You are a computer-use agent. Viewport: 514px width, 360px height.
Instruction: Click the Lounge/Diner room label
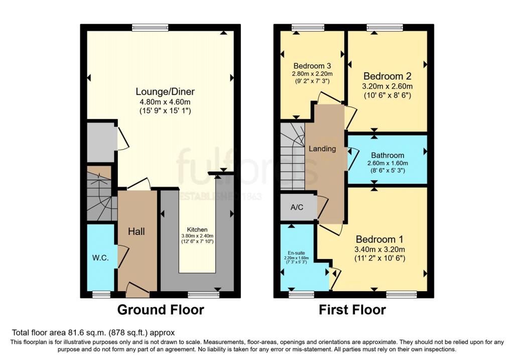tap(165, 92)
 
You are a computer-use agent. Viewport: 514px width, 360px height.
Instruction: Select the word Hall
tap(137, 231)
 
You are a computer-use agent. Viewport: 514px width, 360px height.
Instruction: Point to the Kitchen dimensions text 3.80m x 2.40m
tap(197, 235)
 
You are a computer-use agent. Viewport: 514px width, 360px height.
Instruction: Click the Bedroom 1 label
tap(380, 239)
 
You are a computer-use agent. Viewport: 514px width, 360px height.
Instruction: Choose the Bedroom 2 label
tap(388, 76)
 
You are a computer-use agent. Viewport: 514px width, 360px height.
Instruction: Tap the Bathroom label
tap(388, 156)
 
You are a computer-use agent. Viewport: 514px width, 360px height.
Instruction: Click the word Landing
tap(322, 149)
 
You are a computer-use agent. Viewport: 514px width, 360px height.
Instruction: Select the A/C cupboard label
tap(298, 208)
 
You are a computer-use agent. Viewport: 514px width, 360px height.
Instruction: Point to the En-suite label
tap(296, 253)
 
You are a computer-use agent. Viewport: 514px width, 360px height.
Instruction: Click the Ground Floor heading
tap(161, 310)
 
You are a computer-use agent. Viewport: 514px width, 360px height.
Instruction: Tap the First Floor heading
tap(352, 310)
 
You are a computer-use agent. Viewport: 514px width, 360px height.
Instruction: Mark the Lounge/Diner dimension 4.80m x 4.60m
tap(165, 102)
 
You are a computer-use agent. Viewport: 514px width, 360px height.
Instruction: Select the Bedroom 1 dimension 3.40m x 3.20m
tap(380, 249)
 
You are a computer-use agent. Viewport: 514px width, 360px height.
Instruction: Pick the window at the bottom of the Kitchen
tap(203, 294)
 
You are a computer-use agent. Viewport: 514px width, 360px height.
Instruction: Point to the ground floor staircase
tap(99, 196)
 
